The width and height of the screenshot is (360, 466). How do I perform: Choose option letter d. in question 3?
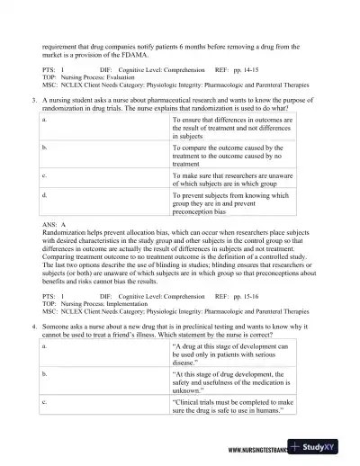[45, 194]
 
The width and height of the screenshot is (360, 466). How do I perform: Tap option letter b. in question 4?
[45, 371]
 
